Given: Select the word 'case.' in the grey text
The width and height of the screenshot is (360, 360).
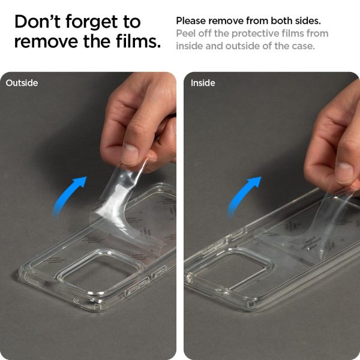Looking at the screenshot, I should (302, 46).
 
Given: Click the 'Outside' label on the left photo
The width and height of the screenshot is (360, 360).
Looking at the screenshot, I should (22, 83).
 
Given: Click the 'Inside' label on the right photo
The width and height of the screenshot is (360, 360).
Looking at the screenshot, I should (203, 83).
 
